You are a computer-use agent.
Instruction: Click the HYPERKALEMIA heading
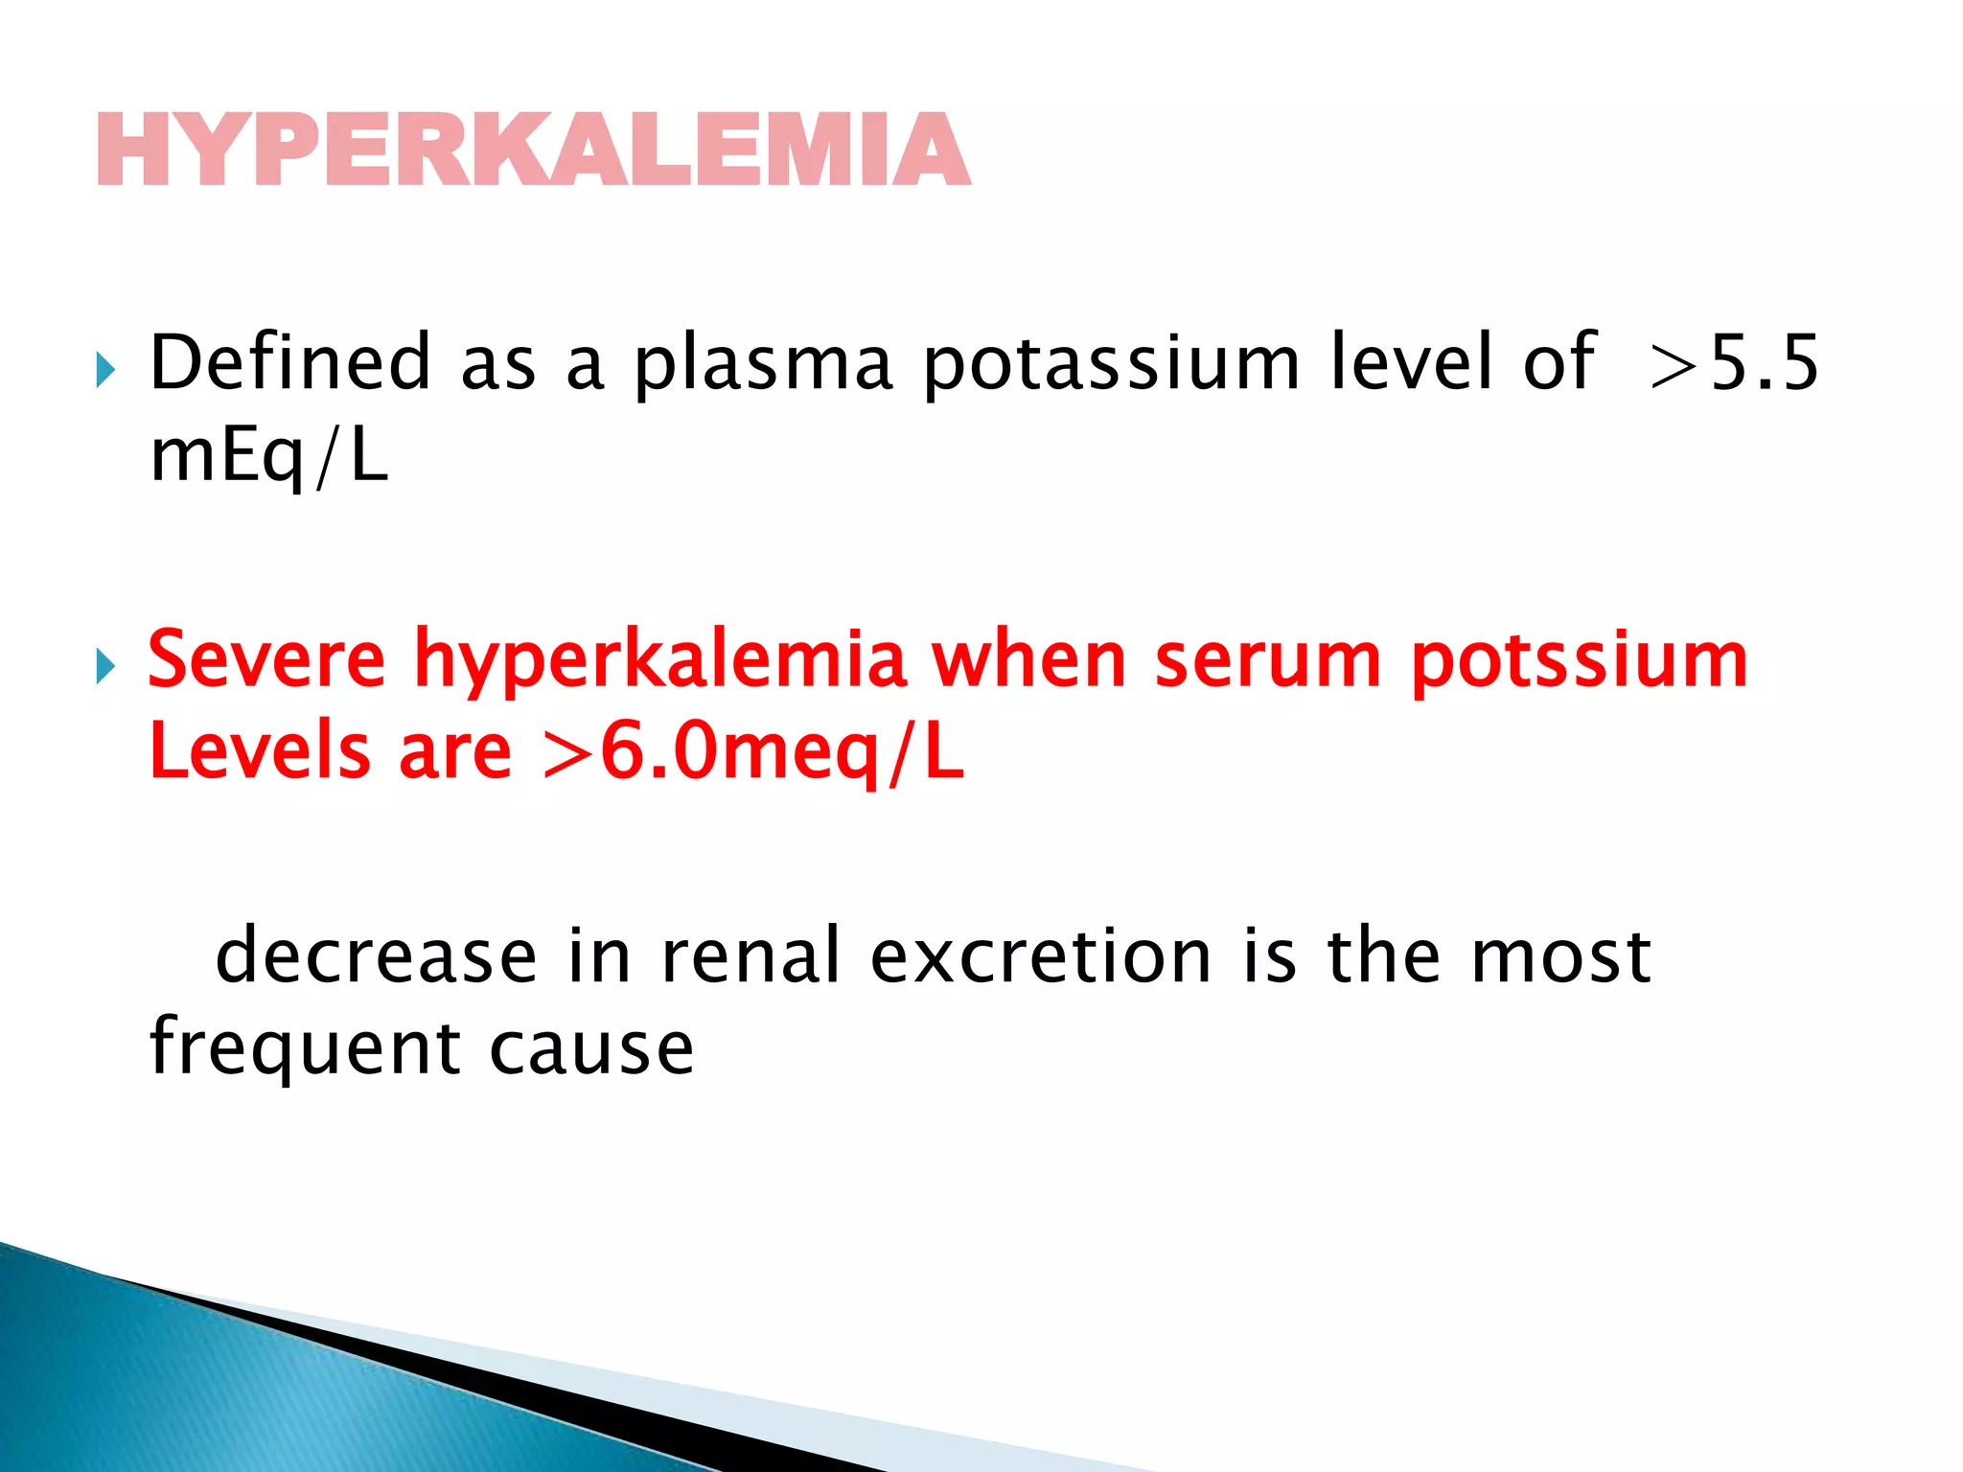534,150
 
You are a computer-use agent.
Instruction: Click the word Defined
290,362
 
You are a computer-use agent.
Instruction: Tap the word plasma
764,364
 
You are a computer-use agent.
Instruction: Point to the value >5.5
1734,364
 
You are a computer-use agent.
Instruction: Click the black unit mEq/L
269,456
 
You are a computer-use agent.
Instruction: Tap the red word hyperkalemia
659,661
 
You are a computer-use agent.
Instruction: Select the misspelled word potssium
1580,661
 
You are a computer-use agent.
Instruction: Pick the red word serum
1267,661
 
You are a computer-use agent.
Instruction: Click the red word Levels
260,751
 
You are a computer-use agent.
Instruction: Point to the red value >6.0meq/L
752,753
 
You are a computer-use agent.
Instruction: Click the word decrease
376,956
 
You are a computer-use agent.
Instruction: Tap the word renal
751,956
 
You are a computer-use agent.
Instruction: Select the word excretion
1041,956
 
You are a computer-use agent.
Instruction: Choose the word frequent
305,1048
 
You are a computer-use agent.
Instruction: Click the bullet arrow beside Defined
105,370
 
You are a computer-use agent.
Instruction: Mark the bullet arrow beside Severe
105,665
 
